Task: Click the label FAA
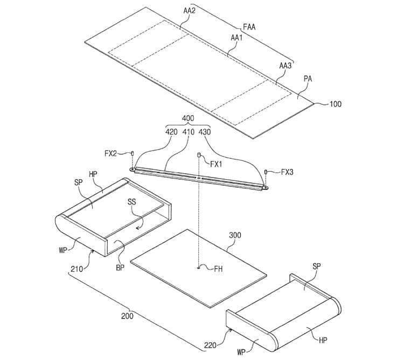(x=249, y=27)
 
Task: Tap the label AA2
(x=190, y=11)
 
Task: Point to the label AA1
(x=236, y=38)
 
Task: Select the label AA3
(x=285, y=66)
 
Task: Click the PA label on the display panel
(x=308, y=79)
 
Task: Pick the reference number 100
(x=336, y=104)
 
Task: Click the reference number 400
(x=188, y=118)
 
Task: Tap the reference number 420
(x=171, y=132)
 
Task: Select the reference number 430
(x=205, y=132)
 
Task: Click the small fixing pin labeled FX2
(x=133, y=153)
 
